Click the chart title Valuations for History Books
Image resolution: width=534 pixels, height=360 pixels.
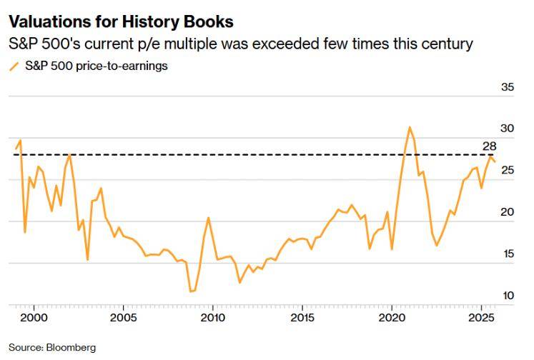pyautogui.click(x=121, y=24)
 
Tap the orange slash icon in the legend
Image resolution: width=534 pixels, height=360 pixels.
pyautogui.click(x=14, y=66)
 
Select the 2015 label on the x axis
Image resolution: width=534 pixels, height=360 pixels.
pyautogui.click(x=302, y=316)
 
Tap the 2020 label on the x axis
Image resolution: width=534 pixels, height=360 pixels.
pyautogui.click(x=392, y=316)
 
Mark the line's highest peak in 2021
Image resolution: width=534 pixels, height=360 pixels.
pyautogui.click(x=410, y=127)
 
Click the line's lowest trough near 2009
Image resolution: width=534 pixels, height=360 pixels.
pyautogui.click(x=191, y=291)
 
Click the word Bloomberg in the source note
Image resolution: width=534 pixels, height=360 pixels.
pyautogui.click(x=71, y=348)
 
